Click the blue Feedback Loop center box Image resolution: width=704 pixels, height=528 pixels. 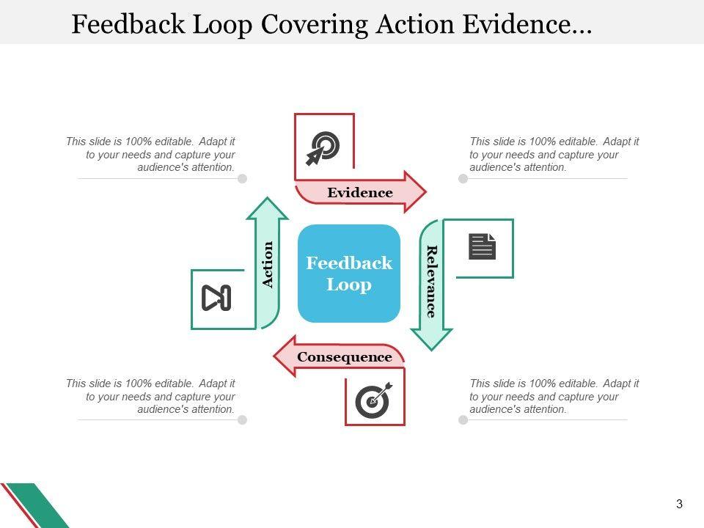tap(349, 274)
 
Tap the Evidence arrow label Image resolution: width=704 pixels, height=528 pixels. tap(360, 193)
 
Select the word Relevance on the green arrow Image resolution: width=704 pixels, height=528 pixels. tap(431, 282)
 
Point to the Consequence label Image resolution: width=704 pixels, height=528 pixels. tap(345, 357)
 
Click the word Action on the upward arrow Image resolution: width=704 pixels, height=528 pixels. tap(267, 265)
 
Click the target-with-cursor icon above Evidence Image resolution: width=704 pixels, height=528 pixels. tap(323, 148)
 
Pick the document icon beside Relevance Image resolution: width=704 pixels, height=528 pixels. tap(483, 246)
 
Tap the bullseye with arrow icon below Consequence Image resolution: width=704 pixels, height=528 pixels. tap(373, 400)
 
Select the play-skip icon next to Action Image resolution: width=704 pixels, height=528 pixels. tap(216, 298)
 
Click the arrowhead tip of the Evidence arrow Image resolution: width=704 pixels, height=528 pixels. tap(426, 192)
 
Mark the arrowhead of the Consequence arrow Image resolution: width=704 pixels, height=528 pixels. tap(274, 356)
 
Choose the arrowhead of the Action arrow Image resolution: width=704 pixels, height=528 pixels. tap(267, 197)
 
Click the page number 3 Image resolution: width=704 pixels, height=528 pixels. tap(679, 504)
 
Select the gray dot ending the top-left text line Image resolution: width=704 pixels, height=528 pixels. tap(243, 179)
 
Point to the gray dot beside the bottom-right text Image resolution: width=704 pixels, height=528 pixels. tap(463, 419)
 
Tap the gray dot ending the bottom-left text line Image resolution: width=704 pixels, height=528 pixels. tap(243, 419)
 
